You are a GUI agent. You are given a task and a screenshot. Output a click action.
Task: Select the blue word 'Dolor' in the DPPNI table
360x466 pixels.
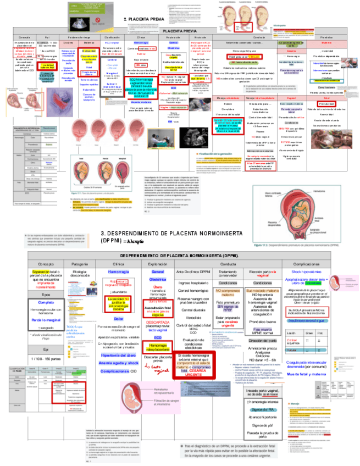point(118,319)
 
